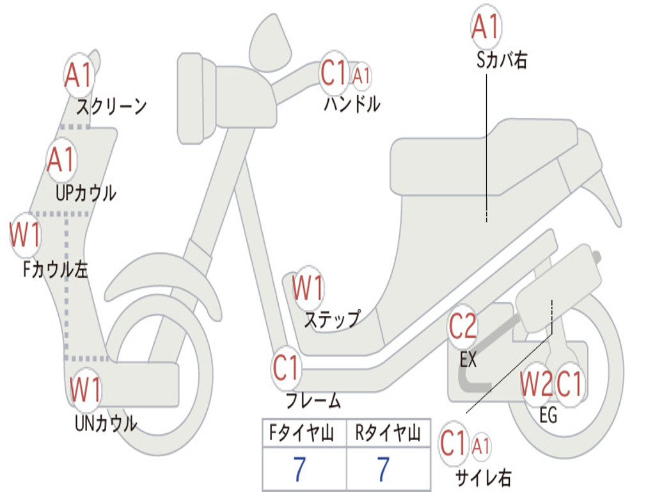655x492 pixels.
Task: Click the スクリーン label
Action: (112, 106)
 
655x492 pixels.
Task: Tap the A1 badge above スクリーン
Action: (79, 76)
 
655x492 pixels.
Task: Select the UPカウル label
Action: (86, 192)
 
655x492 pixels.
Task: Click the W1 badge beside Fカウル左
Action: (26, 235)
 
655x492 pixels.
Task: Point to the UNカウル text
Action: (106, 423)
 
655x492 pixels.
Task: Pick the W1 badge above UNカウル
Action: (86, 389)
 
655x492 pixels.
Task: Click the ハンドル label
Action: (352, 104)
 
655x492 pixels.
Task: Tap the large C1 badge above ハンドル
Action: (333, 74)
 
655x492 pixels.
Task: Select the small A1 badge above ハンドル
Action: (361, 76)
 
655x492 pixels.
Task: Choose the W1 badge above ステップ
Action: (308, 288)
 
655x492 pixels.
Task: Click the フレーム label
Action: (313, 402)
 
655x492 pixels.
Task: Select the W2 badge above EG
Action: (536, 384)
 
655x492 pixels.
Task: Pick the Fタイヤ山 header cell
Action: (304, 434)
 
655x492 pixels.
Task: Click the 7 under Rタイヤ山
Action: (383, 470)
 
